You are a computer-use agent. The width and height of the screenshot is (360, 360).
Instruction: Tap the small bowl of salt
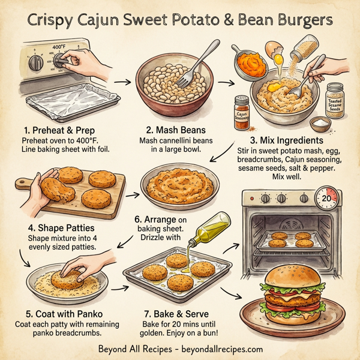[320, 125]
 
